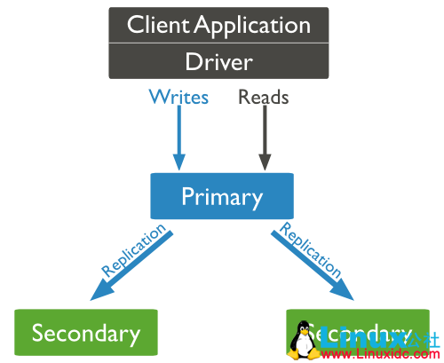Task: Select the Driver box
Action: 218,61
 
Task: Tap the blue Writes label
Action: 178,96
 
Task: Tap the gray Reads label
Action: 263,96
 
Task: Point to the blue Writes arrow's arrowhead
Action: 179,162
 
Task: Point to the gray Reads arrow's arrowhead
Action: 264,162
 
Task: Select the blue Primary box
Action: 221,196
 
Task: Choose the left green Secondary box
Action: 85,333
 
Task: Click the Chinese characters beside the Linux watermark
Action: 422,337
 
